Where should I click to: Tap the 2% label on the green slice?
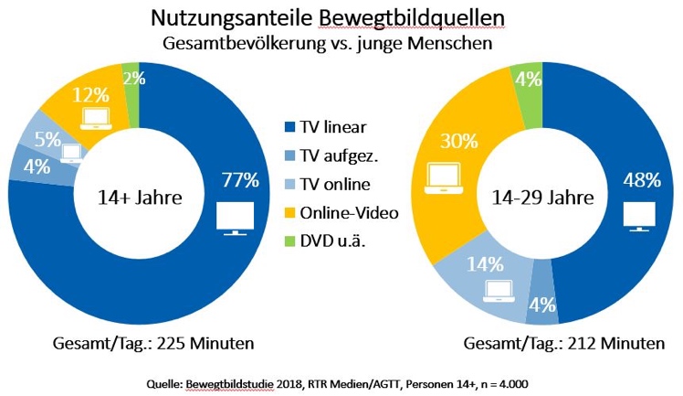pyautogui.click(x=134, y=79)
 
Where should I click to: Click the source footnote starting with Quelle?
pyautogui.click(x=341, y=380)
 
